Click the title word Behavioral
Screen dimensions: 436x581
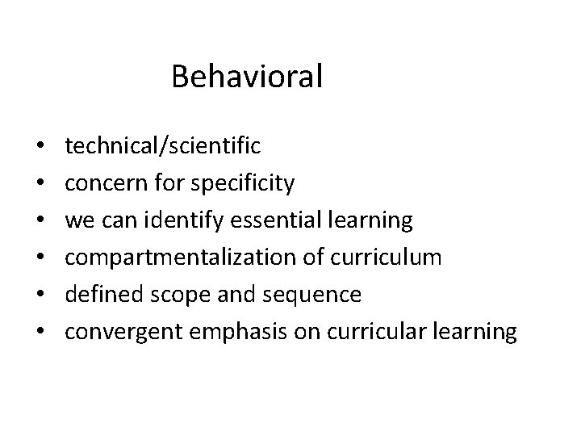[247, 77]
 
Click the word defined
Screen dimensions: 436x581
[98, 295]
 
